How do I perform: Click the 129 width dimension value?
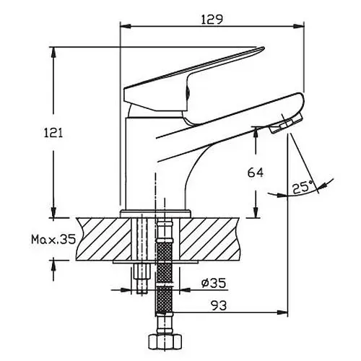click(212, 19)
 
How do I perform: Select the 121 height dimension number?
click(53, 133)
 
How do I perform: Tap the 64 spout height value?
click(256, 173)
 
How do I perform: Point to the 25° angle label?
click(303, 187)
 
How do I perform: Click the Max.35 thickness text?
click(53, 239)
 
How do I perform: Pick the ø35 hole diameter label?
click(214, 283)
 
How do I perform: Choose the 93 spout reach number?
click(219, 305)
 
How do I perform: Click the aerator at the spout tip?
click(286, 123)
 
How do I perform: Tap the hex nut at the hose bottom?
click(165, 341)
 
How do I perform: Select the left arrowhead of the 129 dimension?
click(126, 26)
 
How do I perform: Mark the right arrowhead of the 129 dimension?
click(298, 26)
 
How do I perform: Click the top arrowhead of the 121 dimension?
click(53, 53)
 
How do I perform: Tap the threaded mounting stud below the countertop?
click(142, 279)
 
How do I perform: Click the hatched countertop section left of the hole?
click(104, 239)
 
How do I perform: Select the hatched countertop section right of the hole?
click(210, 239)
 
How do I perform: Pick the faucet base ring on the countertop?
click(155, 214)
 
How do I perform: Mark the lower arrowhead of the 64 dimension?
click(256, 212)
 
